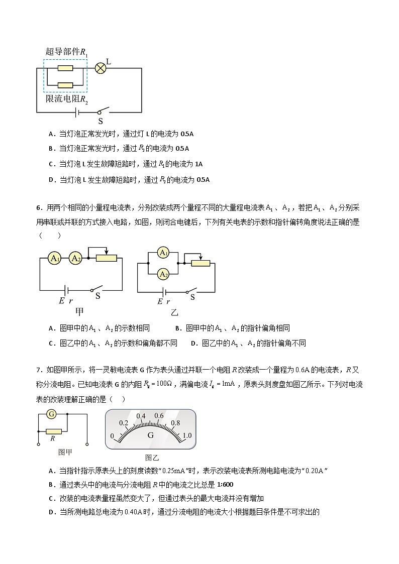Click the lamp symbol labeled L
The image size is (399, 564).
coord(101,68)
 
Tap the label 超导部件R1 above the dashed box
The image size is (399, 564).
coord(67,52)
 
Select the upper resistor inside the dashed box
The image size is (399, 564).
coord(65,68)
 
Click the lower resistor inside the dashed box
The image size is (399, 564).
coord(65,85)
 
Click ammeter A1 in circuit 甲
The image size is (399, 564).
coord(54,258)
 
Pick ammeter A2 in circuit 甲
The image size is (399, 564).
coord(76,258)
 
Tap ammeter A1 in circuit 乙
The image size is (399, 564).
coord(163,253)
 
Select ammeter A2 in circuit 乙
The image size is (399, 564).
coord(163,274)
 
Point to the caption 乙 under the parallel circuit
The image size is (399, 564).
coord(174,312)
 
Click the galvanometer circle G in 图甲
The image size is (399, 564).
coord(51,414)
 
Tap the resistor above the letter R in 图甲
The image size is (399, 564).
coord(53,431)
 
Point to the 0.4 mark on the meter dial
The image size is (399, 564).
coord(141,416)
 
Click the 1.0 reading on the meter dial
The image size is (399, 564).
coord(187,435)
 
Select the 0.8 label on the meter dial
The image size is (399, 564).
coord(175,422)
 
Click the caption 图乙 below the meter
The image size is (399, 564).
coord(151,458)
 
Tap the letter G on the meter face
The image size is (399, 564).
coord(150,435)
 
